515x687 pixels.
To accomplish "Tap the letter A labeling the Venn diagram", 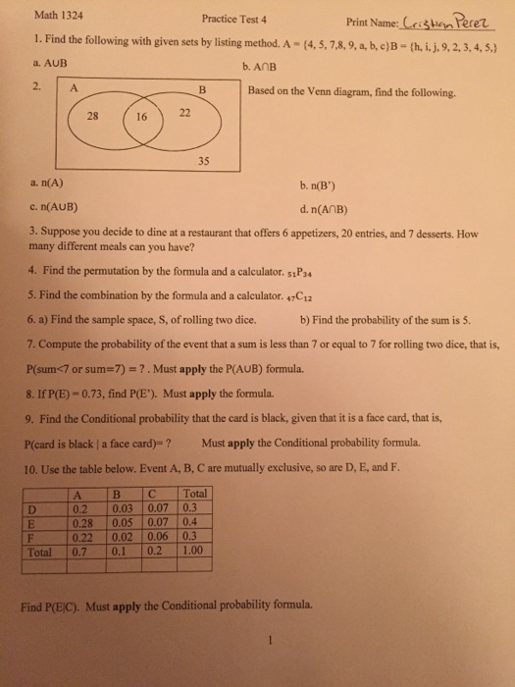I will [x=73, y=89].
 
